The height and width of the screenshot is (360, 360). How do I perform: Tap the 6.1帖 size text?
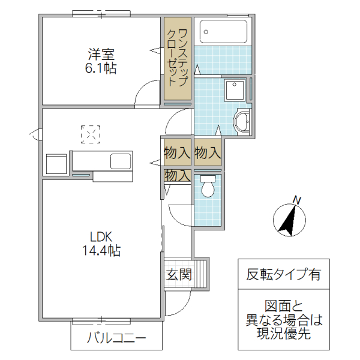pos(101,68)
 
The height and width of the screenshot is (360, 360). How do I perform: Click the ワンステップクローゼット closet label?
pos(177,58)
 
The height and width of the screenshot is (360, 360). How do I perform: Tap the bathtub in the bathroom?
pos(223,31)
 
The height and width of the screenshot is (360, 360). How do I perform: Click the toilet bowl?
pos(208,187)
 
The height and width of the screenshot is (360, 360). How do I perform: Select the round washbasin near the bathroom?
pos(242,122)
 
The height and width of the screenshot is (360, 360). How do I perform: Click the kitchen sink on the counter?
pos(120,161)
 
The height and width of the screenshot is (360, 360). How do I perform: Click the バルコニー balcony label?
pos(116,338)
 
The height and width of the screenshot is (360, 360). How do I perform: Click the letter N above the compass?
pos(296,200)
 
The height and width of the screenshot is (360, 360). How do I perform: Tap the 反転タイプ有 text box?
pos(284,275)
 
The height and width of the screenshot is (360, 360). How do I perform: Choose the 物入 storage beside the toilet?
pos(178,176)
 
